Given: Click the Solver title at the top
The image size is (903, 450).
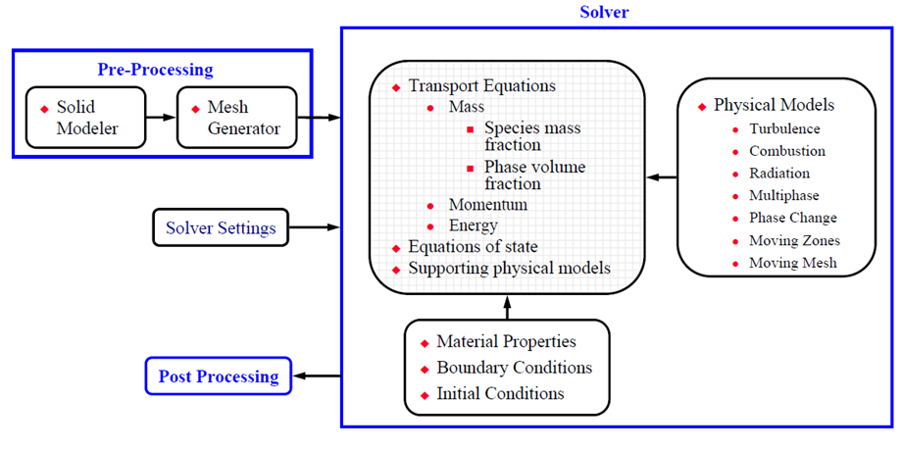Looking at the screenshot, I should click(x=604, y=13).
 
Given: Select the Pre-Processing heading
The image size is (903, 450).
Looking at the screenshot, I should click(x=155, y=70).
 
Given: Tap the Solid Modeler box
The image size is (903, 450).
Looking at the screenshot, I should click(x=85, y=117).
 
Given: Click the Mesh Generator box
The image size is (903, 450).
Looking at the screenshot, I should click(x=236, y=117).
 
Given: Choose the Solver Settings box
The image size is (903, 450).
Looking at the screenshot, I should click(x=221, y=228).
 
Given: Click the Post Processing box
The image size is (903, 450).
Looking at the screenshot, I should click(x=220, y=375).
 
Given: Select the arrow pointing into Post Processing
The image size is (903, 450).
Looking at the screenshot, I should click(x=318, y=375).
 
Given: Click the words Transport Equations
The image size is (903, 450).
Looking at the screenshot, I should click(x=481, y=86).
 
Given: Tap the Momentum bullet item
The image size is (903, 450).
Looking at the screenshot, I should click(x=487, y=205).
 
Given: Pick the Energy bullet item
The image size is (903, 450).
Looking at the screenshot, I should click(x=474, y=226).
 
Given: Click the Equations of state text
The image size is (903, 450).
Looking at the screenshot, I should click(x=475, y=247).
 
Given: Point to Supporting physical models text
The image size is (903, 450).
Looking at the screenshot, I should click(x=509, y=268).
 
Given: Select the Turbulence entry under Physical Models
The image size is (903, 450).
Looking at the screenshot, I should click(x=784, y=128).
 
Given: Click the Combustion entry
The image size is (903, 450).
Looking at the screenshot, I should click(x=786, y=151).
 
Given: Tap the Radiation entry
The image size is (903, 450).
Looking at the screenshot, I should click(x=779, y=174).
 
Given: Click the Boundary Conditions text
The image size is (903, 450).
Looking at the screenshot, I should click(x=514, y=368).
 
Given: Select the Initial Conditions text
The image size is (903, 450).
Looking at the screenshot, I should click(x=500, y=393).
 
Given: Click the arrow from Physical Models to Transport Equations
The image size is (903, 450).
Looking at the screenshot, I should click(x=662, y=177).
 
